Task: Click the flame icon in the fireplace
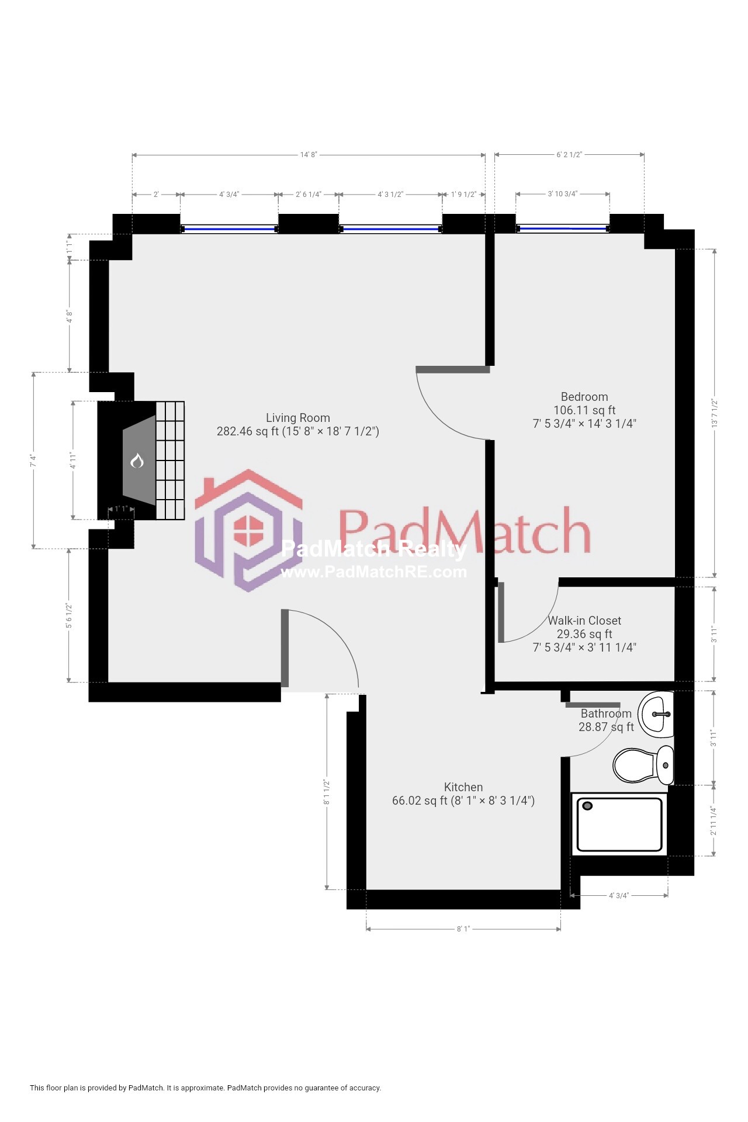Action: [x=137, y=460]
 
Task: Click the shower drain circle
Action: [x=588, y=806]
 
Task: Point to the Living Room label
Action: [x=298, y=418]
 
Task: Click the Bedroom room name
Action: [x=584, y=397]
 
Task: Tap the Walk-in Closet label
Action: [x=584, y=621]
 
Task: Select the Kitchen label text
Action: [x=463, y=787]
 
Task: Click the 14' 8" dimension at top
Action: [x=309, y=155]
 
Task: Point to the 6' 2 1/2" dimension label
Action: [x=569, y=155]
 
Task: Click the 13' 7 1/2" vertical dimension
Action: [x=714, y=413]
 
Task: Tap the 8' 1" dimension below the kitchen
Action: [x=463, y=929]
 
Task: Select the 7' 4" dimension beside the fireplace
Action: [x=34, y=460]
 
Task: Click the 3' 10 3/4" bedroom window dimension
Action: [x=562, y=193]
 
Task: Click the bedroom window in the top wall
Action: [x=562, y=229]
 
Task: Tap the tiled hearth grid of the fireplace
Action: [x=170, y=460]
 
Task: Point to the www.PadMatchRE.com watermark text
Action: [x=374, y=572]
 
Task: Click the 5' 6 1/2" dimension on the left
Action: [x=69, y=615]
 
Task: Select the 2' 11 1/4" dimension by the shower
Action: [x=714, y=820]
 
